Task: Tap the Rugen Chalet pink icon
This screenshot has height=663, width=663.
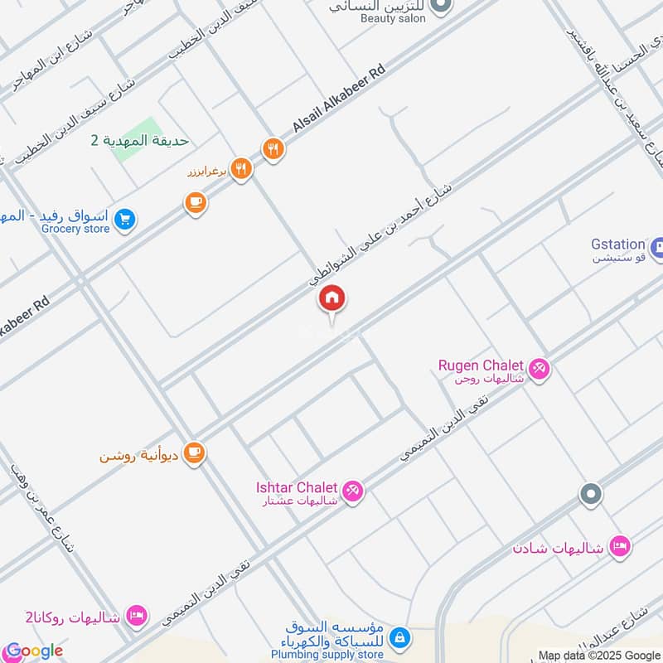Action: pos(540,368)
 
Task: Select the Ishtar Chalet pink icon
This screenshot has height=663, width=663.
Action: pos(353,491)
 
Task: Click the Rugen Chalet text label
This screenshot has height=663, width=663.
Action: pos(481,365)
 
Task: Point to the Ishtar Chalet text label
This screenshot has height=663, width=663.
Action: pos(298,487)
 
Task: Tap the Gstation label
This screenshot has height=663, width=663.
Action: pos(617,244)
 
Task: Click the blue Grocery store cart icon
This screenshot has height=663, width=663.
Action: pos(125,220)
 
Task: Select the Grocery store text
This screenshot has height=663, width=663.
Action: pos(75,229)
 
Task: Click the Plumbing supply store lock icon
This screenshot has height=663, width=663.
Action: pos(399,637)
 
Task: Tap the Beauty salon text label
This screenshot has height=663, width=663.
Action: pos(394,17)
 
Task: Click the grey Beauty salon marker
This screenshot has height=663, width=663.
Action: pos(441,6)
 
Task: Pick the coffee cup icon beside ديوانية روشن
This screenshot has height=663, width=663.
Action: pos(194,452)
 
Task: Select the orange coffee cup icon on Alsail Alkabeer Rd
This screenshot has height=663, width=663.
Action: pos(196,202)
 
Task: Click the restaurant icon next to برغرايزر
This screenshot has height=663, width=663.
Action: pos(241,170)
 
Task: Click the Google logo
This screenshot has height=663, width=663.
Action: pos(33,651)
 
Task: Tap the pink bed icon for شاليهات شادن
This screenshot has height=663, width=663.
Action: pos(618,546)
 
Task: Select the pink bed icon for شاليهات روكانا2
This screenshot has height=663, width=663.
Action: pos(138,616)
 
